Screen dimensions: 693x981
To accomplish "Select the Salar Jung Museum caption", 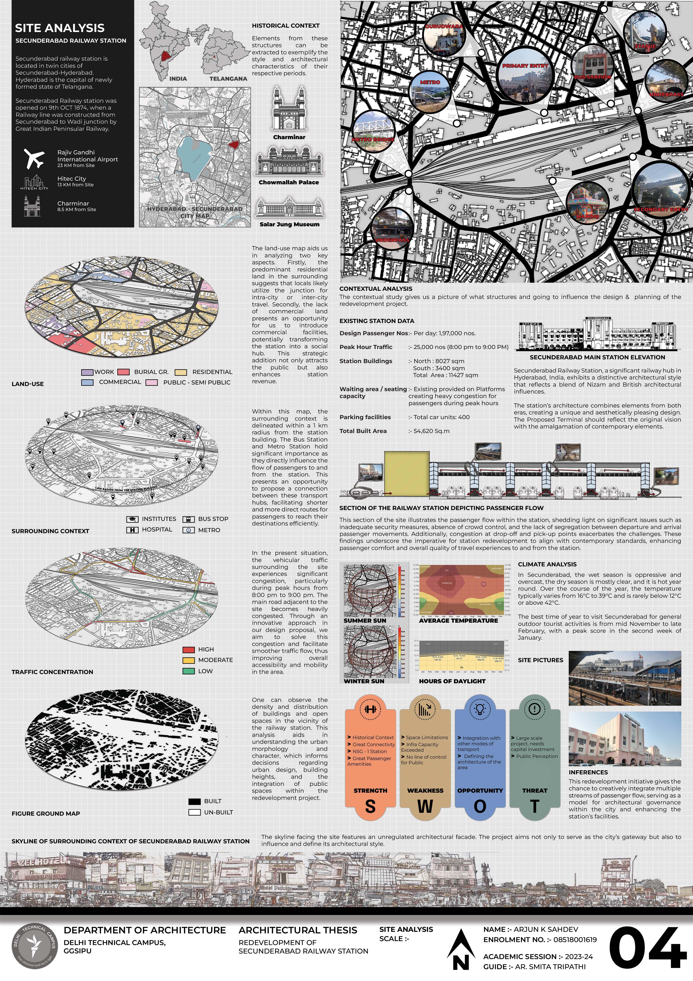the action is (x=289, y=224).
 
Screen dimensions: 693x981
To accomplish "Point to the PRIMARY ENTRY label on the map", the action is (x=525, y=66).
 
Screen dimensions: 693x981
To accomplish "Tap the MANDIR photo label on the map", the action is (x=588, y=217).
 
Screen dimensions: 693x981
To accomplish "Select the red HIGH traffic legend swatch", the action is (x=188, y=650).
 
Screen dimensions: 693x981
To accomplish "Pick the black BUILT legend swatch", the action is (x=194, y=801).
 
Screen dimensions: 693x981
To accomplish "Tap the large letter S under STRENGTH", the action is (x=370, y=807).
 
